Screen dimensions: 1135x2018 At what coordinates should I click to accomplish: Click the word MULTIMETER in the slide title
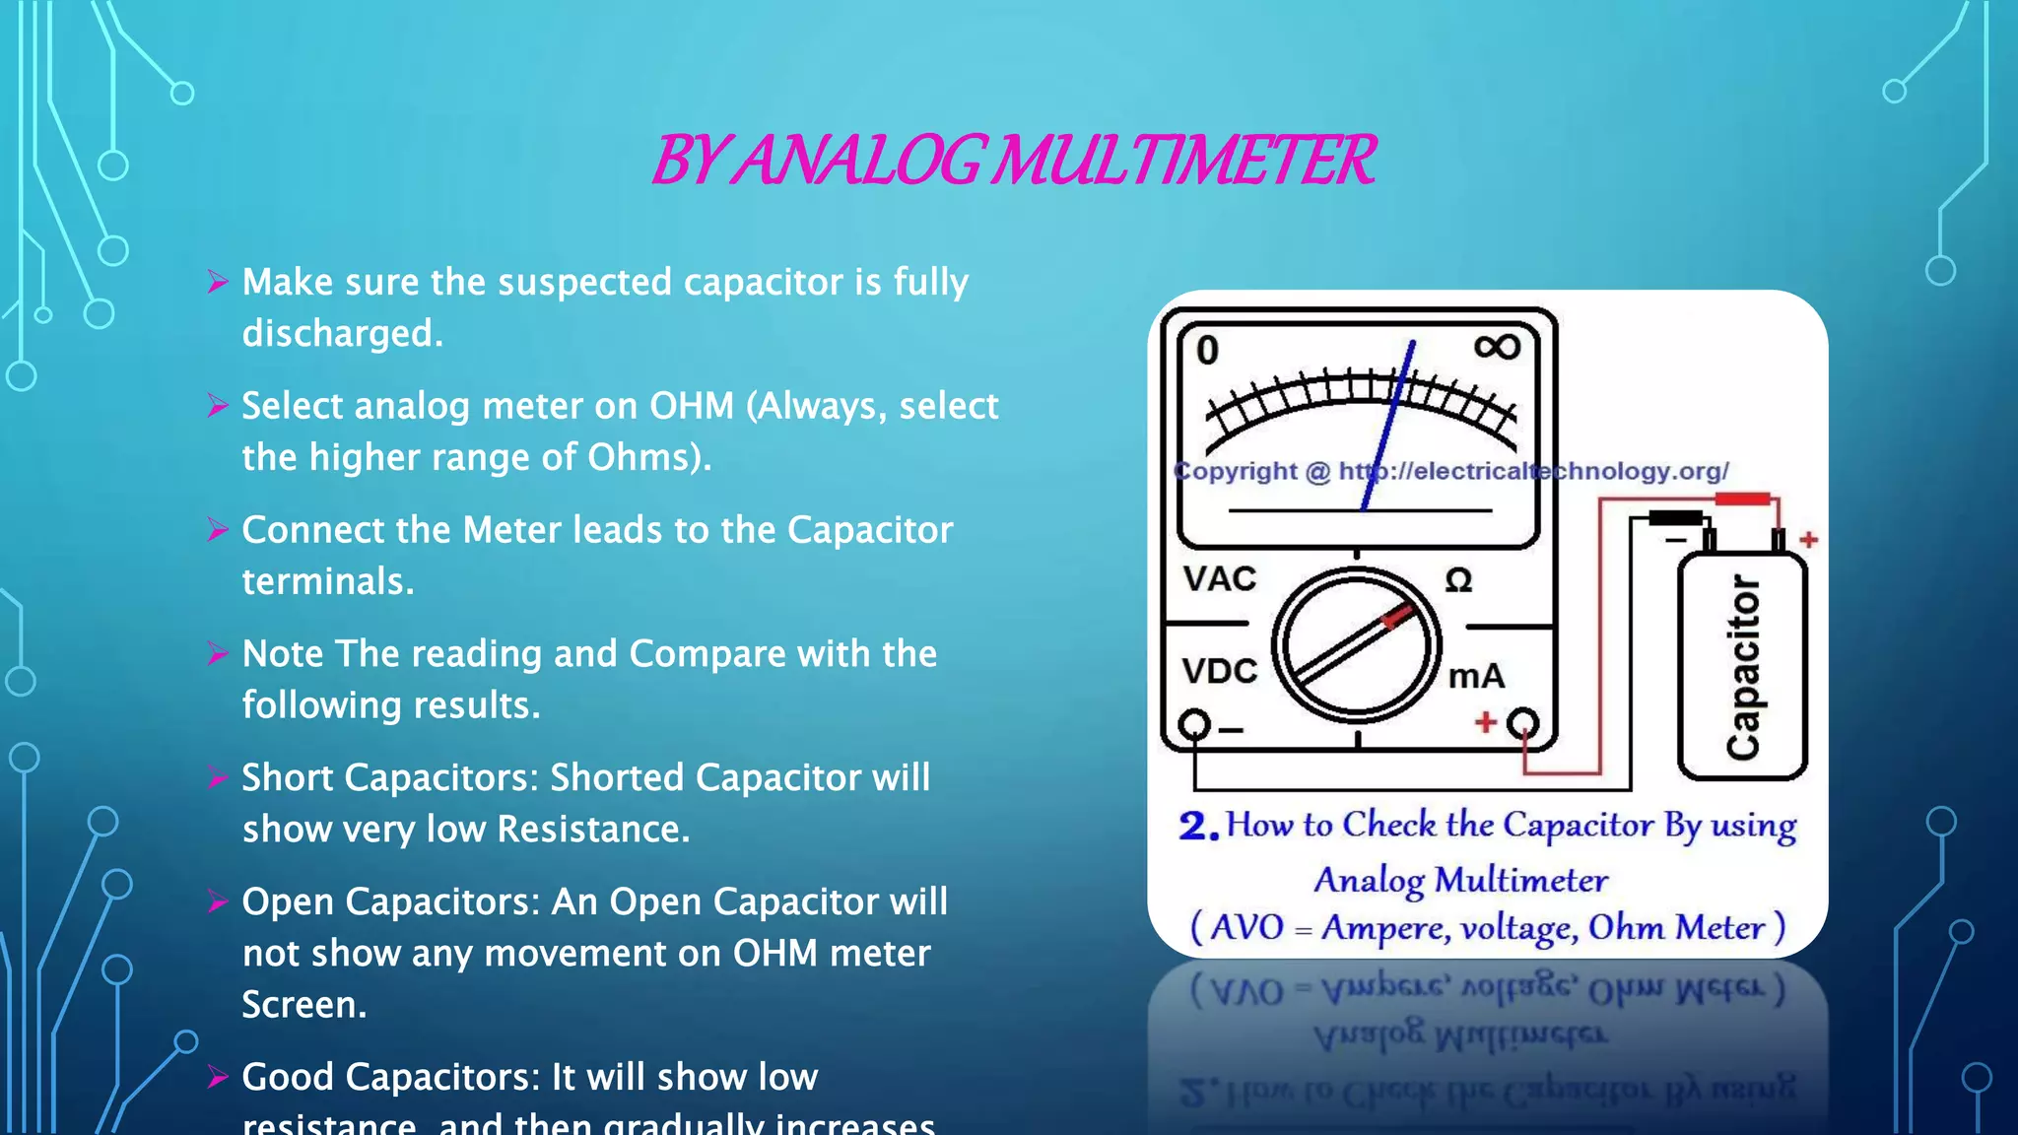[1181, 161]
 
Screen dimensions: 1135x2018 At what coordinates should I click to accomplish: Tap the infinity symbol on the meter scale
[1497, 347]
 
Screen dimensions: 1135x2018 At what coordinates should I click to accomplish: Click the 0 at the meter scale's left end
[1207, 351]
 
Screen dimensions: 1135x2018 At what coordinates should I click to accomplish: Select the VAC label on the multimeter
[1220, 578]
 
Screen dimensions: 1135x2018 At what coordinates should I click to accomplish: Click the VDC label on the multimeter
[1220, 671]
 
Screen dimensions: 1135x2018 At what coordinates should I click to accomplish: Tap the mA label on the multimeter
[1476, 676]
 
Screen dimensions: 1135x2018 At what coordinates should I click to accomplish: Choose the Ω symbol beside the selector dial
[1458, 580]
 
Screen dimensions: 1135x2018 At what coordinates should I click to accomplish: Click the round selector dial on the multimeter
[1356, 646]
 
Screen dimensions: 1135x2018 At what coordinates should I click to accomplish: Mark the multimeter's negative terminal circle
[1194, 724]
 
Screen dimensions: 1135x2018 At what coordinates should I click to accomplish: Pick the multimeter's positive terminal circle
[1523, 723]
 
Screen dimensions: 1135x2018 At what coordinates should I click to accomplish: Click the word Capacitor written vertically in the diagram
[1742, 667]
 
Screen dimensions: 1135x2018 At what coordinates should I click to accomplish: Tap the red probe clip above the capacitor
[1742, 500]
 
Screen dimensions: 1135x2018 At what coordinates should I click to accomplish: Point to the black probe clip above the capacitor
[1676, 518]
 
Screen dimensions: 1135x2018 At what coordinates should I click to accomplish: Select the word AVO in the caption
[1246, 928]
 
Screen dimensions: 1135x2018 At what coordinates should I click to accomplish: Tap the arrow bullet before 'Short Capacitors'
[218, 778]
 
